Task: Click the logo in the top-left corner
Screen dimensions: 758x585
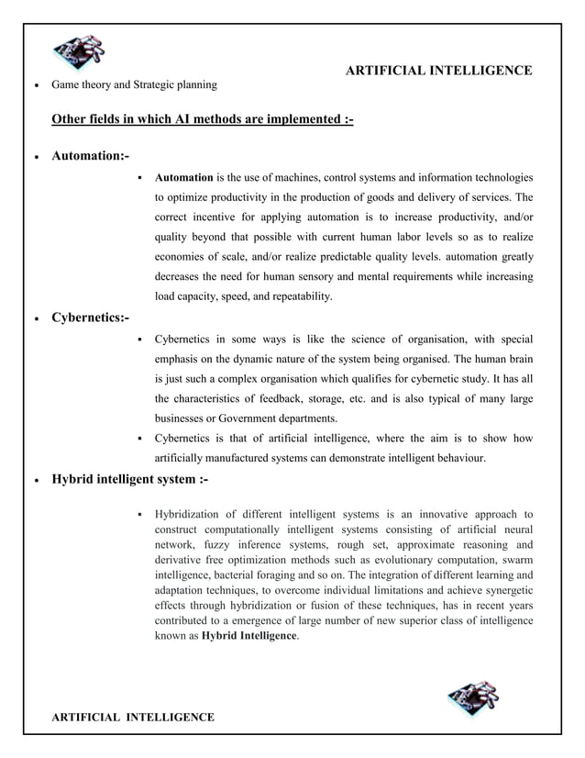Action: (78, 53)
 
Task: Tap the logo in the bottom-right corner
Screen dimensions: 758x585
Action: (473, 699)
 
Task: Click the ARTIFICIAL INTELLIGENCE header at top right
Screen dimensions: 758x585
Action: (438, 71)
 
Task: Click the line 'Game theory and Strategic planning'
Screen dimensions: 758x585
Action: (134, 85)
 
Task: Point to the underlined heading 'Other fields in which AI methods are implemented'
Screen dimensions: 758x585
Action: (202, 118)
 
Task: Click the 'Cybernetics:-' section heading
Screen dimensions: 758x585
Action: (91, 318)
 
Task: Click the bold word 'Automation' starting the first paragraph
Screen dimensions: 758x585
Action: (183, 177)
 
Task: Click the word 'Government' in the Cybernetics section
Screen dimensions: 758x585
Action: (248, 418)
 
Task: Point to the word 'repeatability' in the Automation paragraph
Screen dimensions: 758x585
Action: (301, 296)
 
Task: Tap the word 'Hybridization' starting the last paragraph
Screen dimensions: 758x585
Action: (192, 514)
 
